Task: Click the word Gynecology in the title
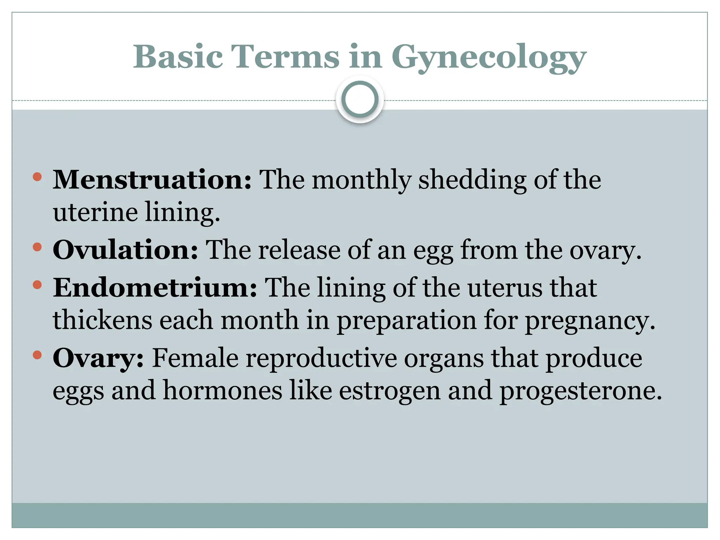click(489, 57)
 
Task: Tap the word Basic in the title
click(178, 57)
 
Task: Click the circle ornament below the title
click(360, 99)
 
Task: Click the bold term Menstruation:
click(152, 180)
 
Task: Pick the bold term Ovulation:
click(126, 250)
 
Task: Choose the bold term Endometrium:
click(155, 288)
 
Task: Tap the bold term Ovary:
click(98, 358)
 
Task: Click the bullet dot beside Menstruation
click(37, 177)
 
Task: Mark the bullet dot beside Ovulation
click(37, 247)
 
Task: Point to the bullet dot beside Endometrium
click(37, 285)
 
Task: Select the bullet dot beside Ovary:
click(37, 355)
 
